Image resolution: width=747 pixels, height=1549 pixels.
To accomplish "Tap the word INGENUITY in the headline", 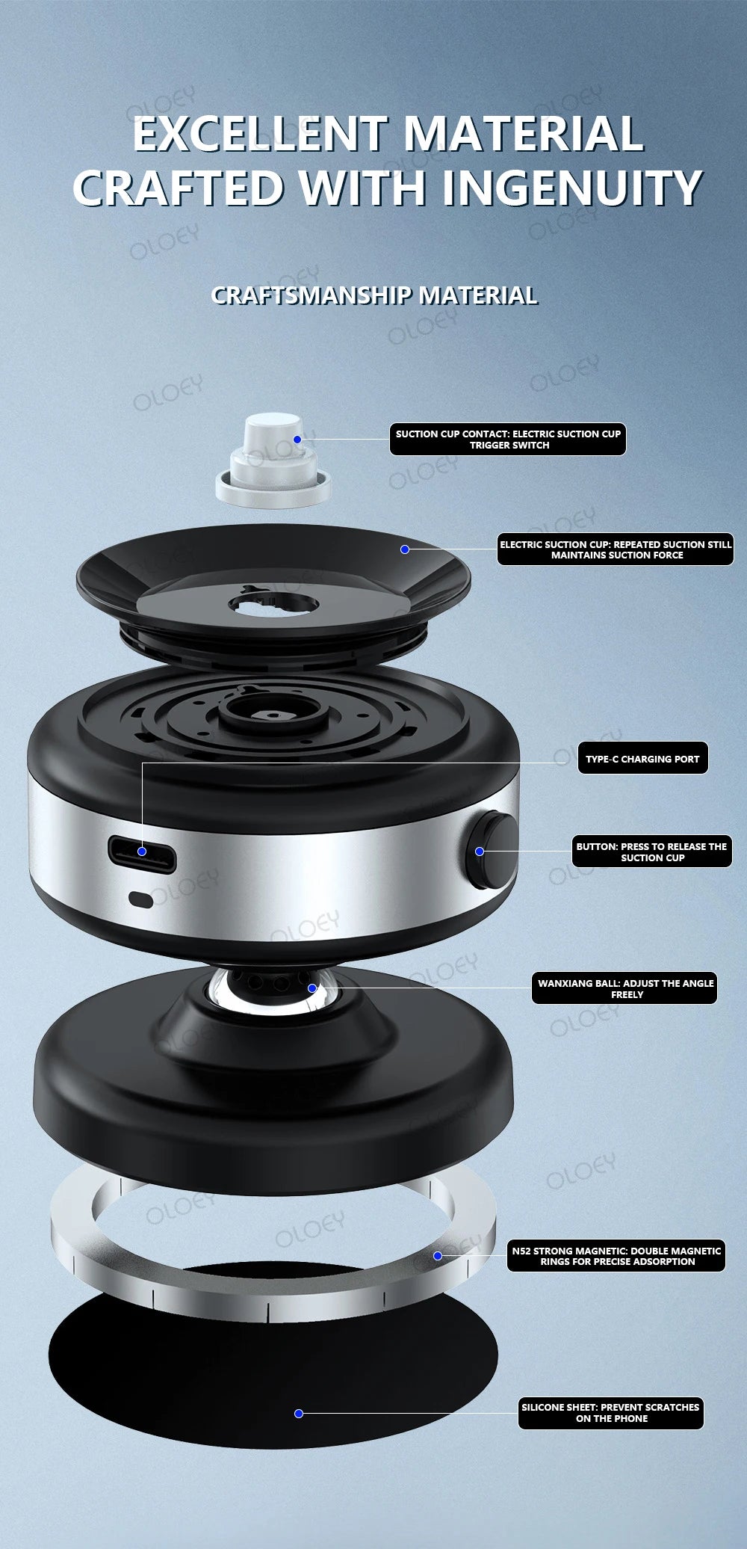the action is (571, 188).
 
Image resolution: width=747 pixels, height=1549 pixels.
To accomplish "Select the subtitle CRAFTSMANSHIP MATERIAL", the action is (374, 295).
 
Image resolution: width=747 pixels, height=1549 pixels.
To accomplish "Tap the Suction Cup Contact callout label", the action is (508, 440).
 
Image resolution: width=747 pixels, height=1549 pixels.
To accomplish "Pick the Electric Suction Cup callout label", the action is (616, 549).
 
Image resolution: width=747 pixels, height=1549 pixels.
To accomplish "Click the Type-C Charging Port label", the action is (642, 759).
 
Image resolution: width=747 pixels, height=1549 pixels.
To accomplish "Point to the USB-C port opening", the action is (143, 852).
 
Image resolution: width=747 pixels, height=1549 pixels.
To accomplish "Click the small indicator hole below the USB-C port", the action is (141, 899).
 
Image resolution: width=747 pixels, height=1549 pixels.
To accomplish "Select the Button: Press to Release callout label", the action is (651, 852).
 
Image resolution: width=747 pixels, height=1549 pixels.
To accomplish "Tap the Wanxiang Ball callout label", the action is (625, 988).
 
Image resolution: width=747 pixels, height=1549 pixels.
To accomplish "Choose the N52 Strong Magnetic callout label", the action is (616, 1256).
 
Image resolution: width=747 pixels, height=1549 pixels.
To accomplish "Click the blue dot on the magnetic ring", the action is (438, 1256).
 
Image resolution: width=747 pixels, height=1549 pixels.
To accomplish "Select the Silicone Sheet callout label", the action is (610, 1413).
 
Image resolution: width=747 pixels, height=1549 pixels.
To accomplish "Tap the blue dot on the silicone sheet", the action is (299, 1414).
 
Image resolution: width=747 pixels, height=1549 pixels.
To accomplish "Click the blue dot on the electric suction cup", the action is (405, 549).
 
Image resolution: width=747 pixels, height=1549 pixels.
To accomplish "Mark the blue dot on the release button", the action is (480, 852).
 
